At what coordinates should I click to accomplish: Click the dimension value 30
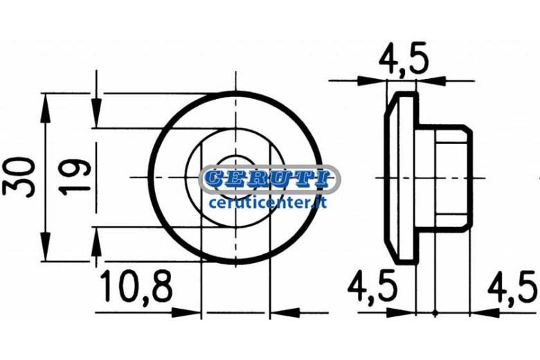(x=18, y=177)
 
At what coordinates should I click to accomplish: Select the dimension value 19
(x=74, y=177)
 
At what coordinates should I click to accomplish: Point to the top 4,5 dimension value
(x=404, y=58)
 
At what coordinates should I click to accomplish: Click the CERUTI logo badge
(x=269, y=179)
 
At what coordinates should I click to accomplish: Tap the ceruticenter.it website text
(x=268, y=203)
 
